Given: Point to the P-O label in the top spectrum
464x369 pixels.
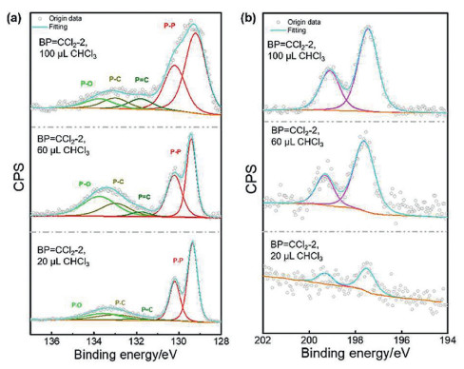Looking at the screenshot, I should coord(86,84).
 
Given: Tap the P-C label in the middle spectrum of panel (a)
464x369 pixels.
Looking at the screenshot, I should coord(119,180).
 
